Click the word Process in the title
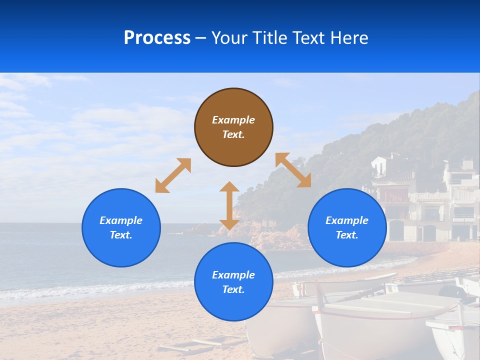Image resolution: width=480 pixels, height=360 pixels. click(157, 38)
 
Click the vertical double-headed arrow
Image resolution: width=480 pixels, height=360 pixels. click(229, 205)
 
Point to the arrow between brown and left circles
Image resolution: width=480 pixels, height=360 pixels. click(173, 175)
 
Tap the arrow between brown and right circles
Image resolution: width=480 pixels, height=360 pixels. click(293, 170)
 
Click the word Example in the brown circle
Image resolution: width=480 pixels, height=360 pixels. click(233, 120)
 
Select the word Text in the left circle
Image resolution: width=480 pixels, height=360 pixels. click(120, 235)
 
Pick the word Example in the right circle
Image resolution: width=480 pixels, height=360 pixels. click(347, 220)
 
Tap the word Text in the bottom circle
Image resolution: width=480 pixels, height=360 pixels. click(233, 289)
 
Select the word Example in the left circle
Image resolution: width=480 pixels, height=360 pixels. click(121, 220)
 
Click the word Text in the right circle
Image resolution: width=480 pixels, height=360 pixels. click(346, 235)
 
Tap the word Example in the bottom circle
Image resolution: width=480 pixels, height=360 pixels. click(233, 275)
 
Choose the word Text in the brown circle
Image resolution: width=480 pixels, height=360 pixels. click(233, 134)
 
